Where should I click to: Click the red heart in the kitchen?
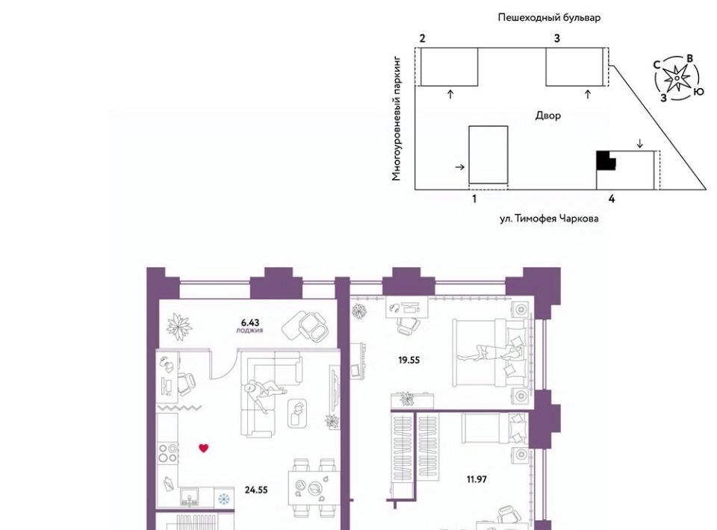[203, 448]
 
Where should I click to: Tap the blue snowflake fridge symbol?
[223, 499]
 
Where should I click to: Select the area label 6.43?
[250, 322]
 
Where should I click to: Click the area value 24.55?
[256, 490]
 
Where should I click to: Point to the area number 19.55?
[409, 360]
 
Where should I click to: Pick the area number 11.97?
[477, 478]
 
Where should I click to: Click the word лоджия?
[249, 331]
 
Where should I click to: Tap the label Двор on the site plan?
[547, 116]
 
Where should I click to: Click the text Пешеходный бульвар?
[549, 18]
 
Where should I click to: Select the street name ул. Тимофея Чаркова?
[549, 219]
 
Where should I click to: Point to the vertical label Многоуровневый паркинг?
[396, 119]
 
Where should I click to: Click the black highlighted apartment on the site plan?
[606, 160]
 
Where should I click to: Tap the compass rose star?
[677, 78]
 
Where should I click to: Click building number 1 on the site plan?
[474, 199]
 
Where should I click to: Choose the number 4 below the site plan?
[612, 199]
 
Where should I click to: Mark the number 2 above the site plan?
[422, 38]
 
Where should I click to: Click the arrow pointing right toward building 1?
[460, 167]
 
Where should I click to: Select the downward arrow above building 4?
[640, 143]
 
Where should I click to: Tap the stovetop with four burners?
[168, 453]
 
